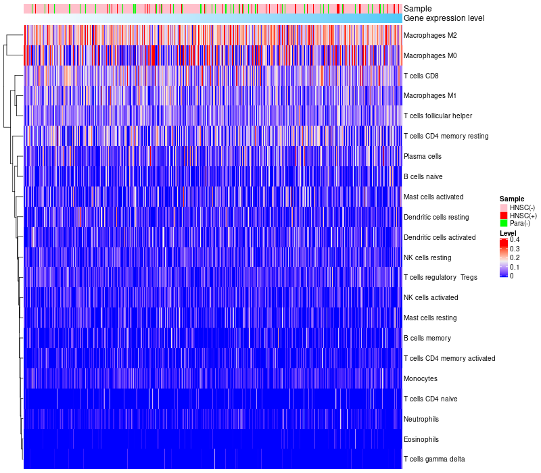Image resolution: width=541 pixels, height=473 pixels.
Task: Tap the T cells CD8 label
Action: coord(421,76)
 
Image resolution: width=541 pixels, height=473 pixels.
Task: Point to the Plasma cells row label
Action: coord(422,156)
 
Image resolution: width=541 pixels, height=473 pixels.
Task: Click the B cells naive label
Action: coord(423,176)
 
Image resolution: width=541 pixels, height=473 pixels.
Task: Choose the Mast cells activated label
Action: coord(433,197)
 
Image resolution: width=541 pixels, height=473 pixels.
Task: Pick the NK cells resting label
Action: coord(427,257)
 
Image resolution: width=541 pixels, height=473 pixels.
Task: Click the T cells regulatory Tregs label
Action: coord(440,278)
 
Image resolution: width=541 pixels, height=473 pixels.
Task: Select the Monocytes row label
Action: coord(420,378)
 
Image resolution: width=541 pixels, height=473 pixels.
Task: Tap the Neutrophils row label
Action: coord(421,419)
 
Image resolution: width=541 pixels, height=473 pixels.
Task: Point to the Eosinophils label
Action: coord(421,439)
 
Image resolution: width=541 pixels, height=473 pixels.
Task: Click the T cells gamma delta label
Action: coord(433,459)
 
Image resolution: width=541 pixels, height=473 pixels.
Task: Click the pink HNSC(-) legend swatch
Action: coord(503,207)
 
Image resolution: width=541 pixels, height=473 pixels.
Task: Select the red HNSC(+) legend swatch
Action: coord(503,215)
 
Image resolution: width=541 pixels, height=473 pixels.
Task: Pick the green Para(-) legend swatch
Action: coord(503,223)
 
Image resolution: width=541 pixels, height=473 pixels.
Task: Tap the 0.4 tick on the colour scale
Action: coord(515,240)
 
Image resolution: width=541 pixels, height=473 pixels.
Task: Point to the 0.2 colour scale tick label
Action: coord(515,258)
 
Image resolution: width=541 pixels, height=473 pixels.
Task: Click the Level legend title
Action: coord(508,233)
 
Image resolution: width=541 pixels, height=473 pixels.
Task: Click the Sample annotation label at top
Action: coord(417,9)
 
